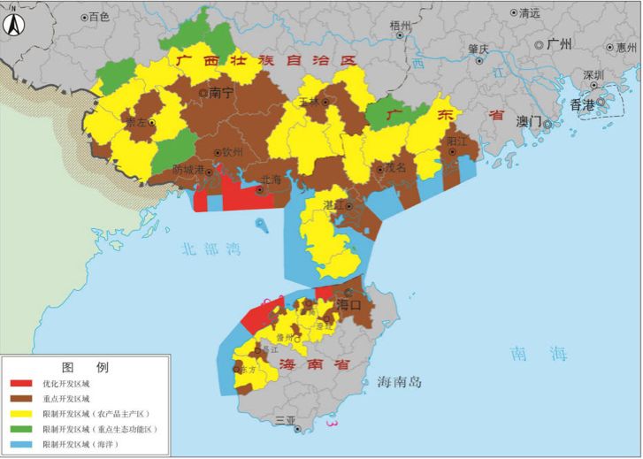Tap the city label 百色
click(x=98, y=17)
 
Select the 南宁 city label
click(x=221, y=92)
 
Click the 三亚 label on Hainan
click(x=285, y=420)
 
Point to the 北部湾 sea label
click(x=209, y=249)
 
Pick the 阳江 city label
click(x=457, y=142)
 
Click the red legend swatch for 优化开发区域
click(x=24, y=386)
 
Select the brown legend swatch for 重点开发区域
click(x=24, y=400)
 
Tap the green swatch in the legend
click(x=24, y=428)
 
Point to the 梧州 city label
click(x=401, y=26)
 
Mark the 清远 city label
click(x=529, y=13)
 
